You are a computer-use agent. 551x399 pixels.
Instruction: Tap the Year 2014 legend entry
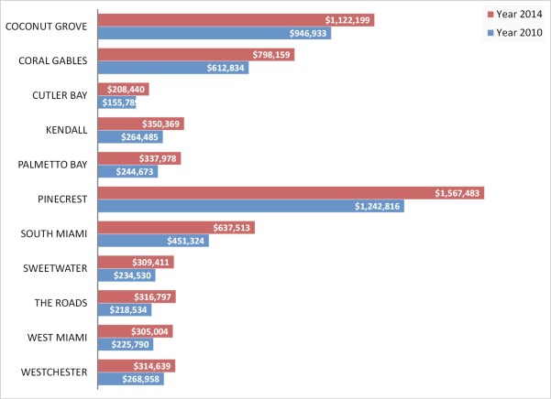(515, 14)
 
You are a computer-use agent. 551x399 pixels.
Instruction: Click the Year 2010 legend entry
(515, 33)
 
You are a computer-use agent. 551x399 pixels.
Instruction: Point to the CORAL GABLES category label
(53, 61)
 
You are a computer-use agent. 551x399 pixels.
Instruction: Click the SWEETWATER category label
(56, 268)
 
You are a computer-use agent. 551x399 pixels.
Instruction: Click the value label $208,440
(125, 90)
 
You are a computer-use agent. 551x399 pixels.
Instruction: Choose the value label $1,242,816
(376, 207)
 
